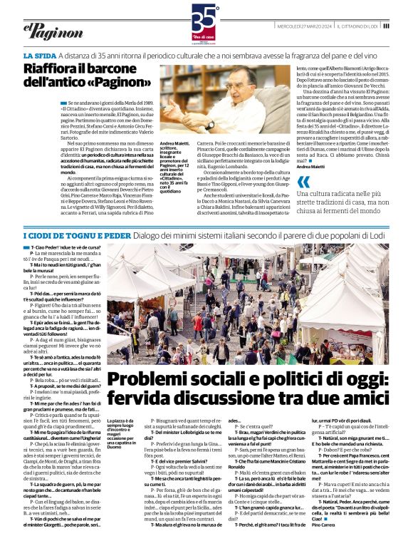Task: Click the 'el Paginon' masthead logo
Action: (x=47, y=28)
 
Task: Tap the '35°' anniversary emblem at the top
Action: (x=206, y=17)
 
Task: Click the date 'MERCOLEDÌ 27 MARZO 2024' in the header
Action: (x=305, y=27)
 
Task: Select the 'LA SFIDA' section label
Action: (x=40, y=56)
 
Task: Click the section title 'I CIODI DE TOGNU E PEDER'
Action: (x=76, y=215)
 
